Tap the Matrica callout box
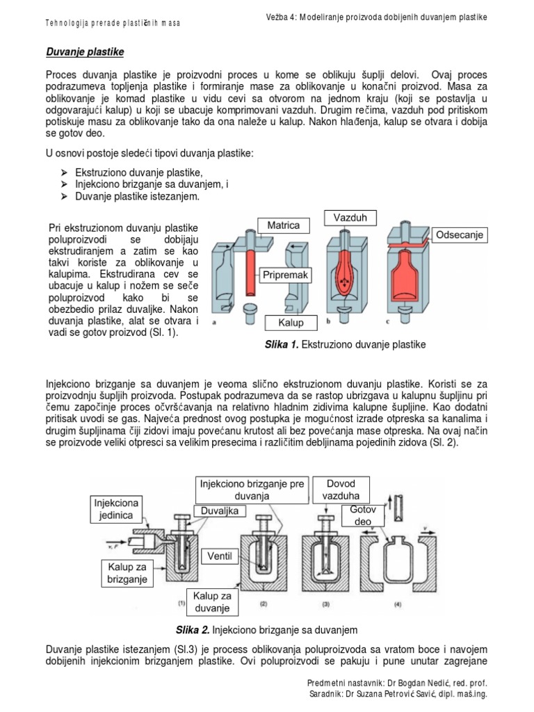(283, 226)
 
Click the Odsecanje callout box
(460, 235)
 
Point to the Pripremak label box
(284, 275)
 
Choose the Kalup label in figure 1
(291, 323)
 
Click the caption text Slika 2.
(197, 631)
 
